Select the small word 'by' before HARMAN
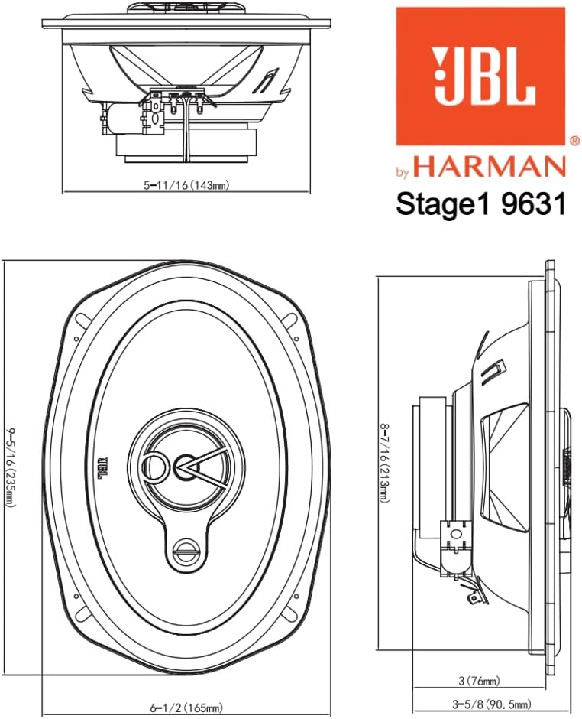click(x=405, y=171)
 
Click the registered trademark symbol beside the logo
click(x=574, y=141)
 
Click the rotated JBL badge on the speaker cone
click(x=101, y=467)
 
